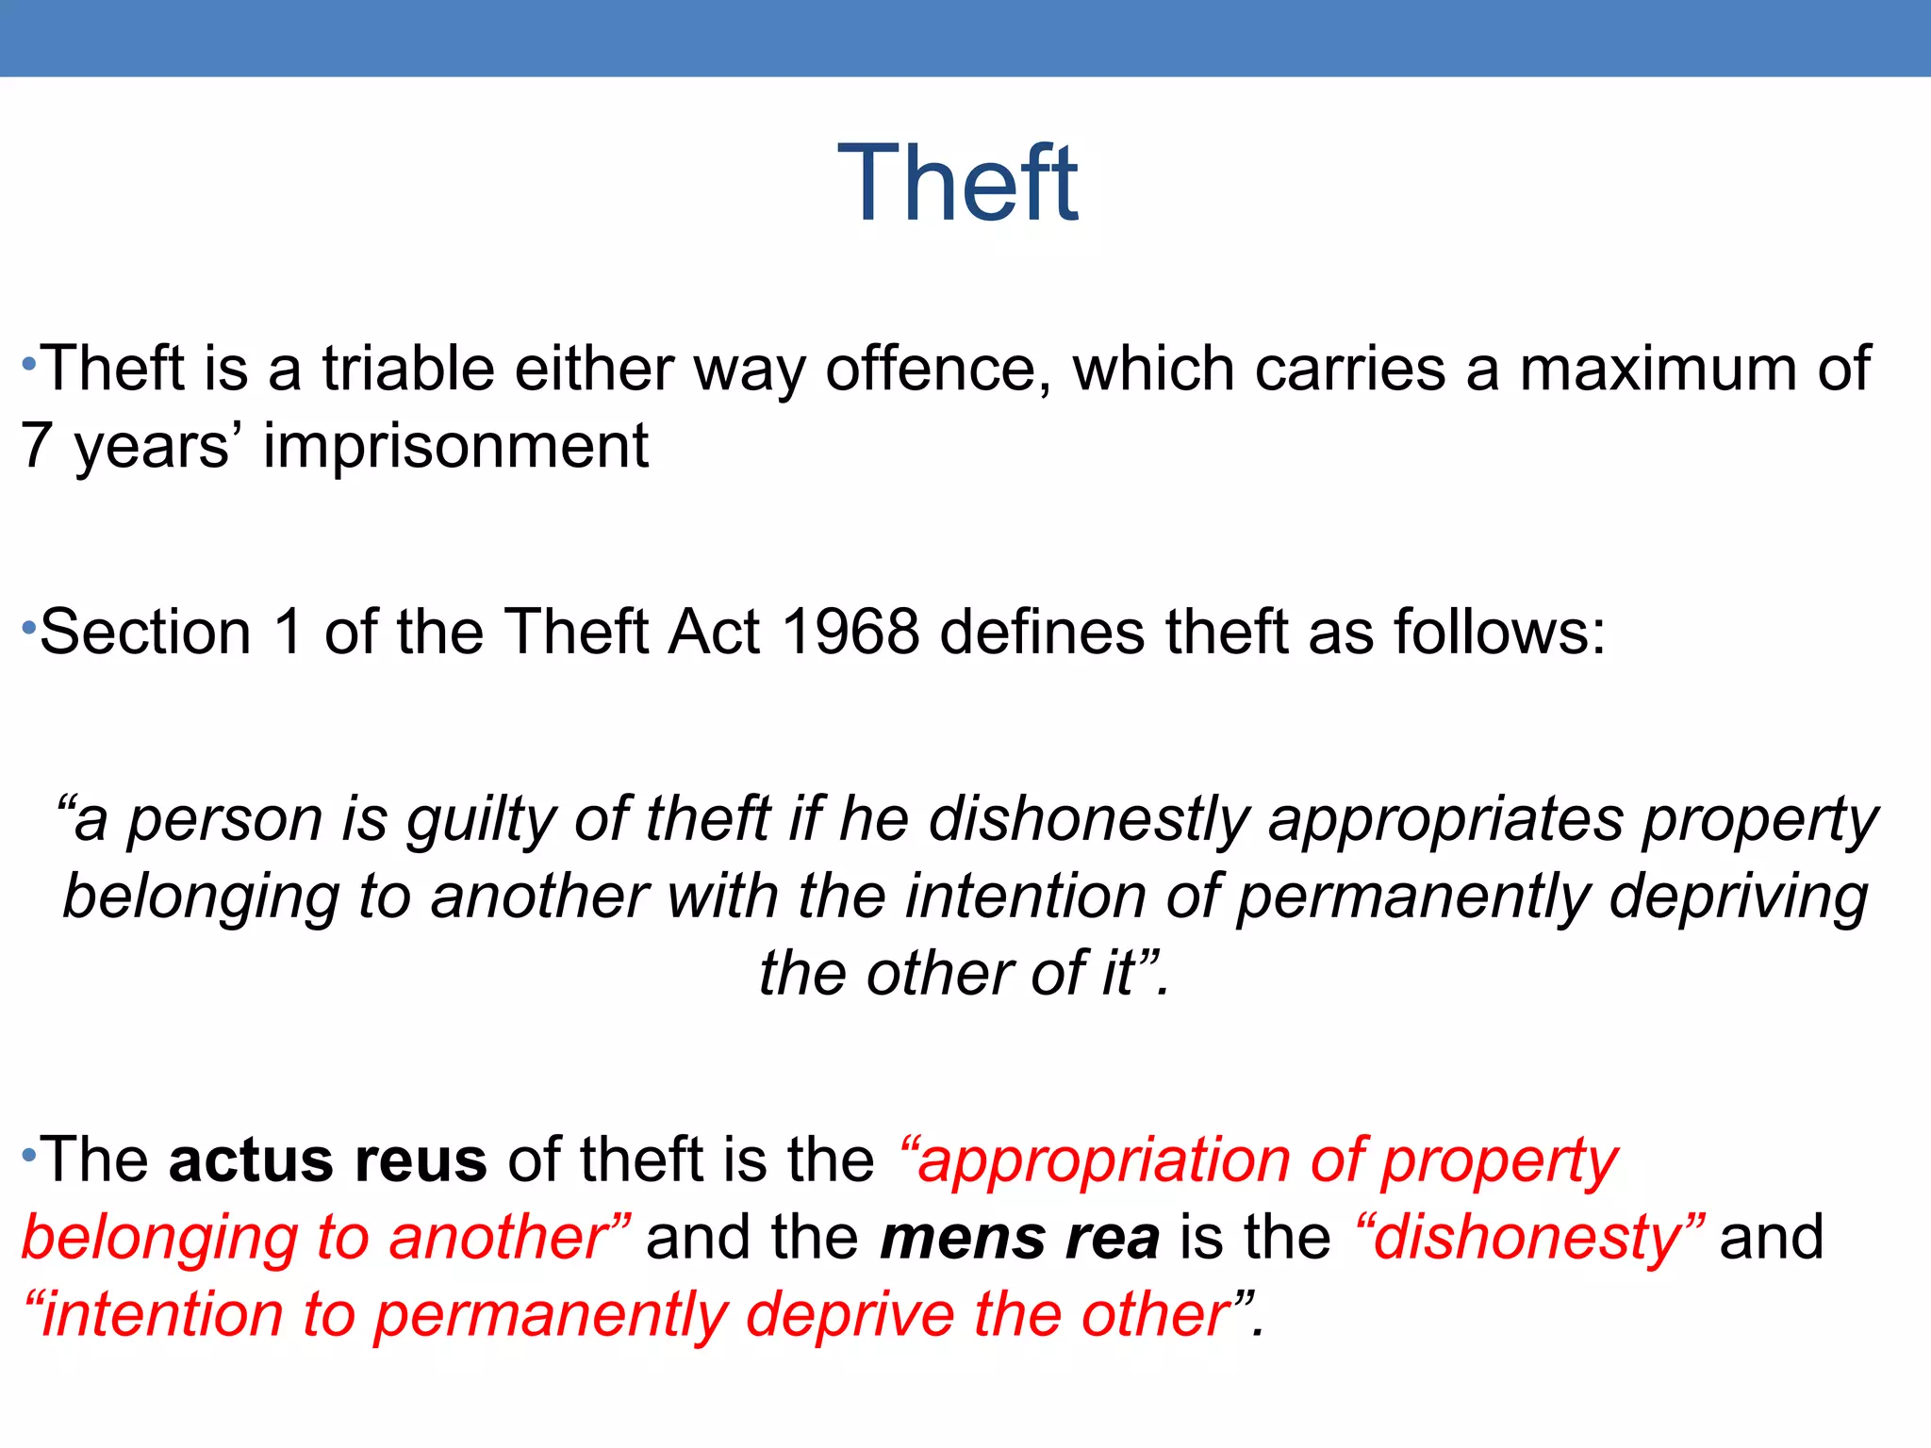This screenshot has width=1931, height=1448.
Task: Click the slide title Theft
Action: click(957, 184)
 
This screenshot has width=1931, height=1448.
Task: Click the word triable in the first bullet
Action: click(407, 368)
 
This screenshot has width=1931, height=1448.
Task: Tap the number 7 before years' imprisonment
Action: click(36, 445)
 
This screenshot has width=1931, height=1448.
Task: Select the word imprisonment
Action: click(455, 445)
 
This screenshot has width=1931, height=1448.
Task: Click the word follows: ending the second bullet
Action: click(1499, 631)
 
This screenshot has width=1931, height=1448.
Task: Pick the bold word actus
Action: click(251, 1160)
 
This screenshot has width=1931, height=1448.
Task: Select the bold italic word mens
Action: click(963, 1237)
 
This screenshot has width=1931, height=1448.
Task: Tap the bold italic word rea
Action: click(1113, 1237)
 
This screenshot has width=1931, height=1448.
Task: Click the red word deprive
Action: click(850, 1314)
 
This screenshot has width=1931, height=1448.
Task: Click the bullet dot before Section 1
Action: click(28, 626)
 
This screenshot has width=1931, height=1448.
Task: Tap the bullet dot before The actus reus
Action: click(28, 1154)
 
